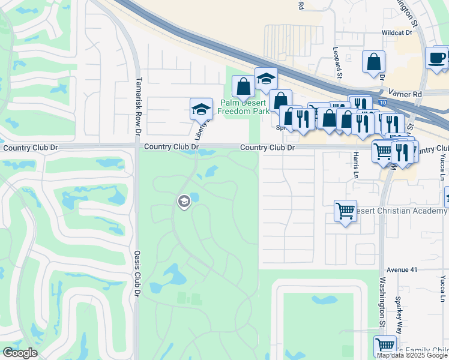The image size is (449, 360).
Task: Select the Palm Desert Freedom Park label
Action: click(243, 106)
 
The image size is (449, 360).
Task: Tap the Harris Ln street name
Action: click(356, 160)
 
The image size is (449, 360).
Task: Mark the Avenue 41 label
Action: click(402, 270)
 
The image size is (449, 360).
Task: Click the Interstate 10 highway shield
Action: click(383, 103)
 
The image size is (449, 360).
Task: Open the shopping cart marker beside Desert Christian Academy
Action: click(345, 211)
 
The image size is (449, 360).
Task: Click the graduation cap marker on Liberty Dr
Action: click(202, 109)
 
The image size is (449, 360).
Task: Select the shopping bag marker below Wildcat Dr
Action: click(373, 61)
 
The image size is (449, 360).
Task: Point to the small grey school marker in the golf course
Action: click(184, 201)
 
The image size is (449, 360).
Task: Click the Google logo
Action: click(20, 353)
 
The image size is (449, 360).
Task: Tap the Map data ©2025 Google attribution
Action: click(412, 355)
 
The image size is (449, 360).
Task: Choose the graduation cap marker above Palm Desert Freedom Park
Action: click(266, 79)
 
